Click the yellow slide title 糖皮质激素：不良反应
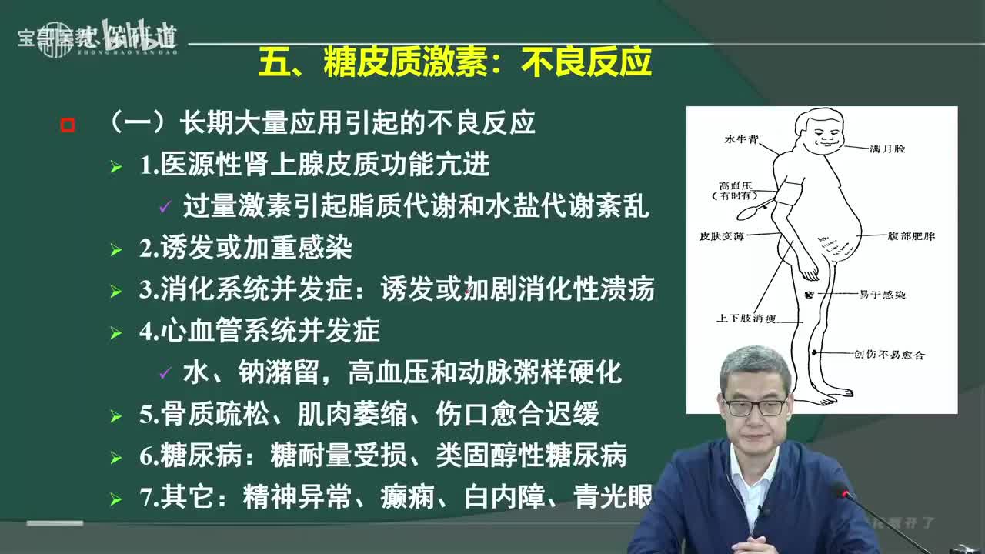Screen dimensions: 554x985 455,62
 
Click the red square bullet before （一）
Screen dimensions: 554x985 68,125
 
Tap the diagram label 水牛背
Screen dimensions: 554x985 742,140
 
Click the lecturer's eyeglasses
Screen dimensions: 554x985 755,406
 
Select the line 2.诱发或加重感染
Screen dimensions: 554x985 245,248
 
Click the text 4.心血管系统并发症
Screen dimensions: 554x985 259,331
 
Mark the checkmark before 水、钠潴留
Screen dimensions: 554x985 165,374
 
